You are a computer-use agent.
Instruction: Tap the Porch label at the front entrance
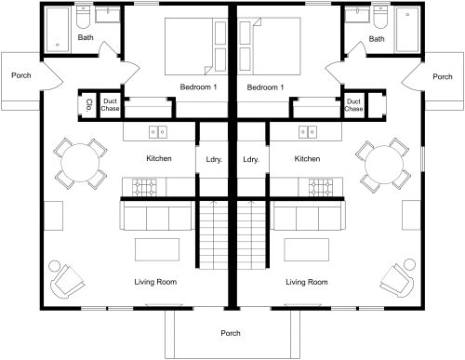point(230,333)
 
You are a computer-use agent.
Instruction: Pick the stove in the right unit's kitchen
point(309,189)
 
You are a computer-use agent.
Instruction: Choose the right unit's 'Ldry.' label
point(250,160)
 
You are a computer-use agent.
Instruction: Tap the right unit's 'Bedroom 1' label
point(265,87)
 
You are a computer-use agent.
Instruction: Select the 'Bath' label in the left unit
point(86,38)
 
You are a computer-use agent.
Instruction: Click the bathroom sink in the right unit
point(355,16)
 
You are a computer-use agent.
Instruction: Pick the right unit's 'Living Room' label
point(306,281)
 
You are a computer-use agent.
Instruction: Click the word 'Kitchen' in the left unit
point(158,159)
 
